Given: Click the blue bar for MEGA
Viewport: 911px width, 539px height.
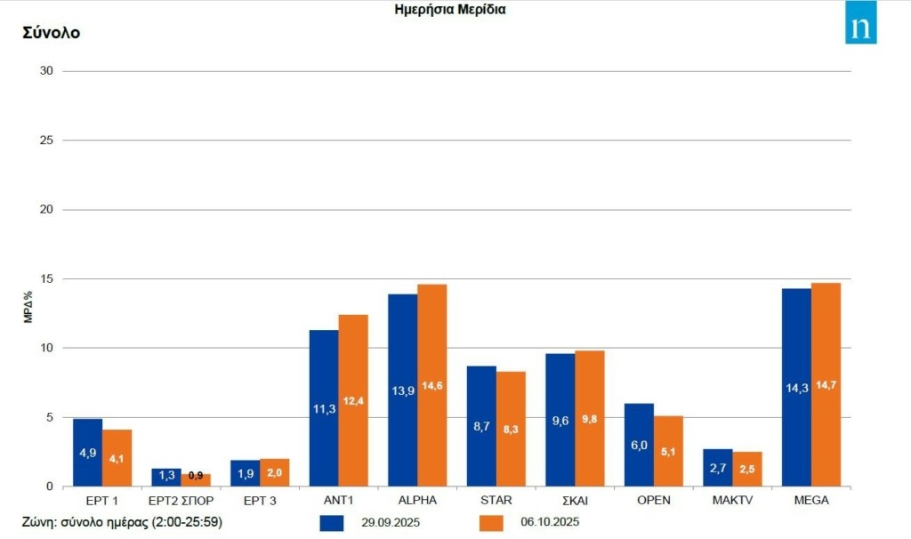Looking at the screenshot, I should tap(796, 387).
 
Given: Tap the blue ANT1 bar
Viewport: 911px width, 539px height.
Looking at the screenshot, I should tap(324, 408).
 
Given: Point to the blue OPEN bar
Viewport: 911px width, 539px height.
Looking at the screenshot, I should tap(639, 445).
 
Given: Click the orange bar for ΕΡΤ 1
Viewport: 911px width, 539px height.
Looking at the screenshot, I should tap(117, 458).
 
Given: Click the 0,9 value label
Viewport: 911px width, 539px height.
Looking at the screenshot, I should tap(196, 475).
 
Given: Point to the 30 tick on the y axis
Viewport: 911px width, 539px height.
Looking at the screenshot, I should tap(48, 71).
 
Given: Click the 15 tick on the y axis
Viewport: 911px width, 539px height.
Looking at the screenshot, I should tap(48, 279).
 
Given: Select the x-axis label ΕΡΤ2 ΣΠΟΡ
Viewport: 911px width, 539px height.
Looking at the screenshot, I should tap(181, 501).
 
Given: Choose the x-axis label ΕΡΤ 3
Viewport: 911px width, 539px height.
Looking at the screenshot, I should tap(259, 501).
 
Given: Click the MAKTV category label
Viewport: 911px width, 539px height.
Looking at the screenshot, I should tap(732, 501).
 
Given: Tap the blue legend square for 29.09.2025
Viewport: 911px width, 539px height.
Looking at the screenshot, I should tap(331, 523).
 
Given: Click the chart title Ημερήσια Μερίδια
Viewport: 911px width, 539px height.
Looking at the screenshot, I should tap(450, 10).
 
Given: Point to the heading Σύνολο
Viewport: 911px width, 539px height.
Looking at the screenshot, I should tap(51, 33).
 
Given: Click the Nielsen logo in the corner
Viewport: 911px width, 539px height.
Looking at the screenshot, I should tap(860, 24).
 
